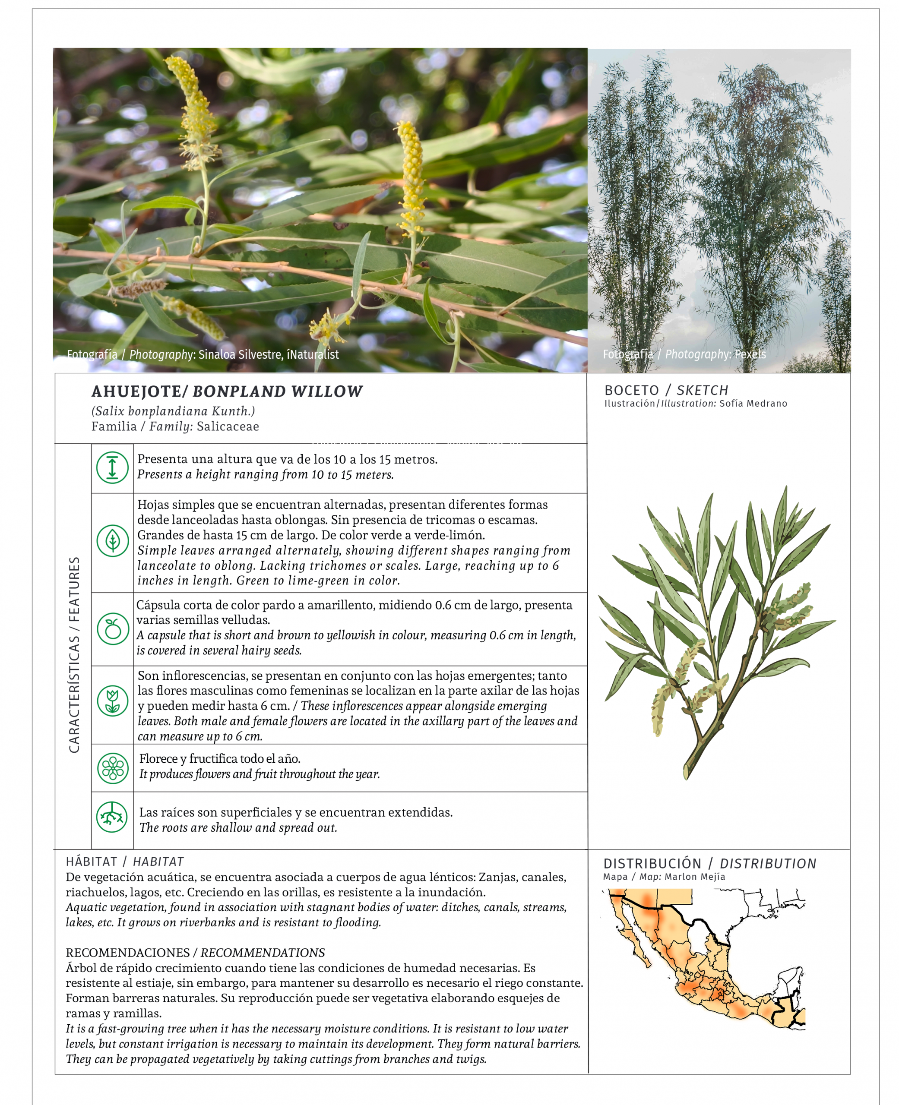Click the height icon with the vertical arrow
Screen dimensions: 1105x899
(112, 467)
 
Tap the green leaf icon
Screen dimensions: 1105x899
(112, 541)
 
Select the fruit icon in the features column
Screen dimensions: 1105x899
(112, 629)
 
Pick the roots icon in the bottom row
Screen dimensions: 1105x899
(112, 817)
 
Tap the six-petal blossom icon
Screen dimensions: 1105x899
(112, 768)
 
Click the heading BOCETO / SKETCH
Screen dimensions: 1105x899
(666, 390)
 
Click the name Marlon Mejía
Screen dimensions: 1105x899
(694, 877)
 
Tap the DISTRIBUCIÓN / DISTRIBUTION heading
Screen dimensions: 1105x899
(709, 863)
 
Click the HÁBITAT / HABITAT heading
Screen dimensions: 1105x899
(124, 861)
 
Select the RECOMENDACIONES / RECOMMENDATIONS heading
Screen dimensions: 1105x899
(195, 952)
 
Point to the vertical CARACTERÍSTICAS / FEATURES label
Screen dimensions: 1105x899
(75, 654)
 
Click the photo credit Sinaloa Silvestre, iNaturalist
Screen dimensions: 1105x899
(268, 354)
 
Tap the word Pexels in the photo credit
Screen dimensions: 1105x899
(750, 354)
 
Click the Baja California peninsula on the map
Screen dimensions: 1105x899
(633, 937)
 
